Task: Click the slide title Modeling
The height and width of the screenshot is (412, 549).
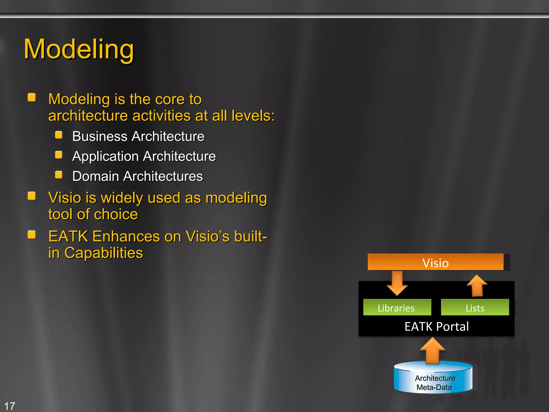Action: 79,49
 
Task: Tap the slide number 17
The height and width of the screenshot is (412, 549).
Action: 10,406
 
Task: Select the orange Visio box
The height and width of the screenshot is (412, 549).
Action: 435,262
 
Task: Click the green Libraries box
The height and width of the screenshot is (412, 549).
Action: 397,307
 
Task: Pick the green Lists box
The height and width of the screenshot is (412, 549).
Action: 475,307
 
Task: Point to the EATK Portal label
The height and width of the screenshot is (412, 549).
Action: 436,326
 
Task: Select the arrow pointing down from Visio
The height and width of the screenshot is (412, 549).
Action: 397,283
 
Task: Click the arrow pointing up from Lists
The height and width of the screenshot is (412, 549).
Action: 477,285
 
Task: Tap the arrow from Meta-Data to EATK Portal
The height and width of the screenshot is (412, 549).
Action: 432,350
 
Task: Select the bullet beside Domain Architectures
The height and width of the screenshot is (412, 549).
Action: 59,175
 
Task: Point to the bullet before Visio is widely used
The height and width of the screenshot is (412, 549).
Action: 32,196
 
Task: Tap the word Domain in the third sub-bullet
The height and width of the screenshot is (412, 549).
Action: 95,176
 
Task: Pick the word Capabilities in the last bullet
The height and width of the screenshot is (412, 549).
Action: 103,253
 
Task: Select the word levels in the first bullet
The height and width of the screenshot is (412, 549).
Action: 253,116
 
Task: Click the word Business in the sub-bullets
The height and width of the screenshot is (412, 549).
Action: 99,136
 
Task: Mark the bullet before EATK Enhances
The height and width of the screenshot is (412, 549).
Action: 32,235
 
